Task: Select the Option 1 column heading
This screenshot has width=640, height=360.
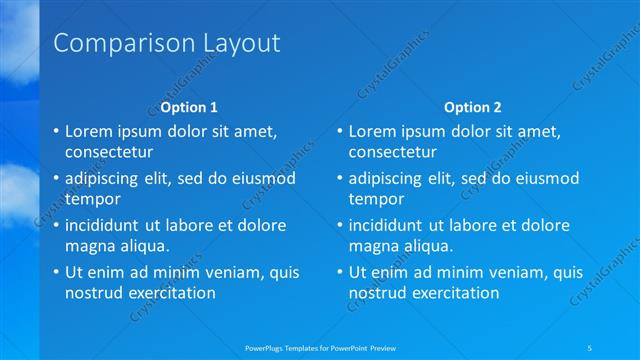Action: (189, 107)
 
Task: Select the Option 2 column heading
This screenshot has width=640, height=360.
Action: (473, 107)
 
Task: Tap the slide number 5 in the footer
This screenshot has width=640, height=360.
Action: (590, 346)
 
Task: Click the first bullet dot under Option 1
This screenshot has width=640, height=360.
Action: (55, 131)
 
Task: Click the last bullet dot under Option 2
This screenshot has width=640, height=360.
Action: (339, 272)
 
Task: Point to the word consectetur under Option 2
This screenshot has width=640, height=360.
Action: (392, 153)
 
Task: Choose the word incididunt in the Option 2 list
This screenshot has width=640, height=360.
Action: (391, 225)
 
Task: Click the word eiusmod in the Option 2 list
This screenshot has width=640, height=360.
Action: (548, 178)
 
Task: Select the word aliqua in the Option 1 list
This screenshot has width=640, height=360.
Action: (144, 246)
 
